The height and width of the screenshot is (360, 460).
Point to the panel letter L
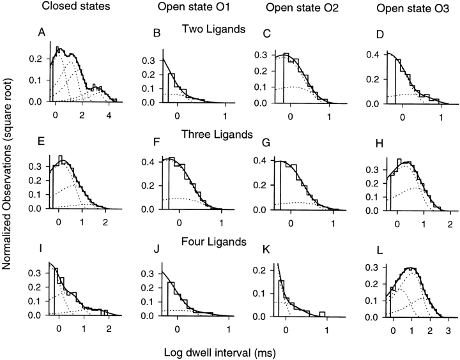point(382,248)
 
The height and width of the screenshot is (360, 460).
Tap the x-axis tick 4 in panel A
point(109,115)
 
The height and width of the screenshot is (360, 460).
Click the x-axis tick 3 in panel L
point(448,329)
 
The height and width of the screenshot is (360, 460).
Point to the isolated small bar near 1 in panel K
point(324,313)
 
